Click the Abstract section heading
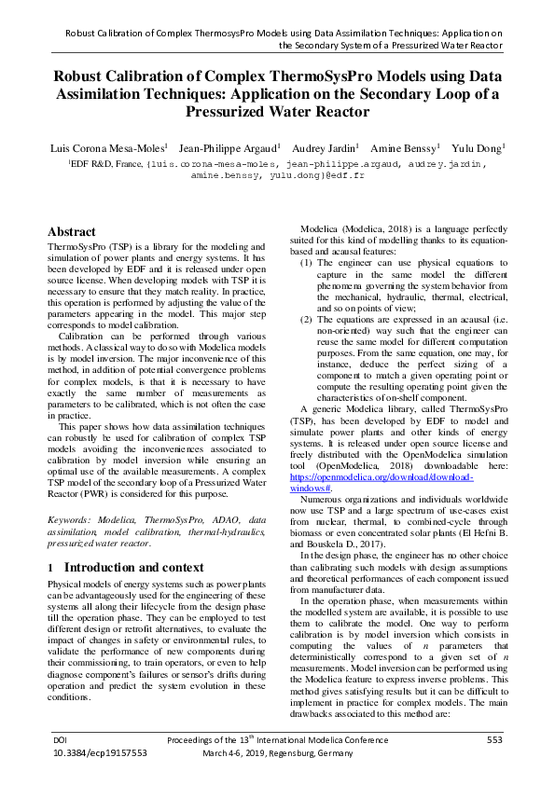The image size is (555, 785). pos(71,232)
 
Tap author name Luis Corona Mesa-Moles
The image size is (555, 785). pos(109,147)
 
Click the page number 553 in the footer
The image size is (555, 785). pos(494,739)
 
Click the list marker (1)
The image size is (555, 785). pos(307,264)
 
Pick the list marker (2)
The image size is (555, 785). pos(307,320)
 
